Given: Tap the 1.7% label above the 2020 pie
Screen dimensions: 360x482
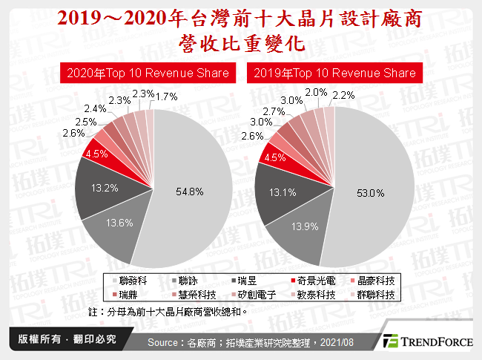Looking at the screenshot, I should pyautogui.click(x=168, y=96).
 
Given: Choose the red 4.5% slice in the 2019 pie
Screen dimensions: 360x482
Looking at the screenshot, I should pyautogui.click(x=275, y=157).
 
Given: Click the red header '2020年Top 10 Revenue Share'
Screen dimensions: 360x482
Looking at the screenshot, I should pyautogui.click(x=147, y=73).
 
